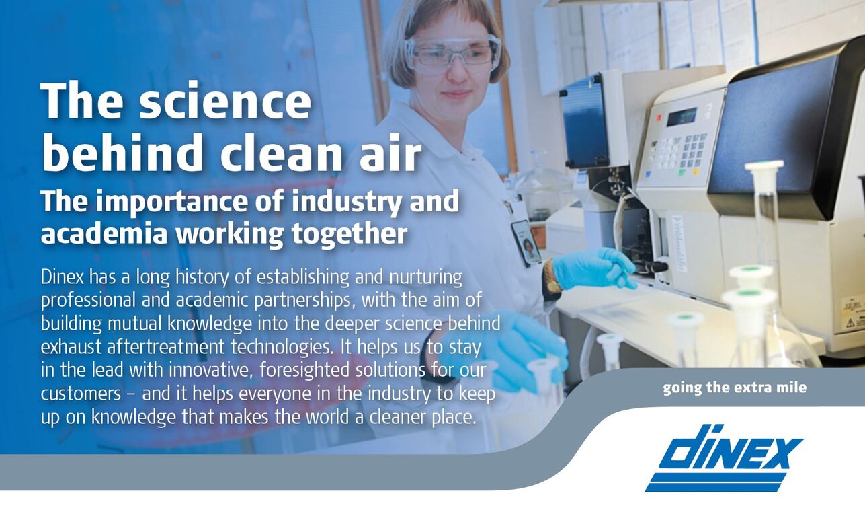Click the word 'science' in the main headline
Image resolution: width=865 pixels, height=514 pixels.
coord(225,102)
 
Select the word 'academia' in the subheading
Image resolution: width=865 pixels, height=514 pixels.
coord(104,234)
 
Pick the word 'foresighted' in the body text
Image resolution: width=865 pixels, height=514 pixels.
coord(304,370)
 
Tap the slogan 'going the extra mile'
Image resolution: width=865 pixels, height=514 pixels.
coord(735,388)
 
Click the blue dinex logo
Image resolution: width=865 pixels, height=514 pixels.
coord(724,459)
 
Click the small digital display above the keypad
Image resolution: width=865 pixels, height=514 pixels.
coord(682,117)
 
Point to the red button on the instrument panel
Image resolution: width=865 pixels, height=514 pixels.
coord(659,117)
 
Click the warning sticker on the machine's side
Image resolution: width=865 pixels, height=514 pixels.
coord(854,311)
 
